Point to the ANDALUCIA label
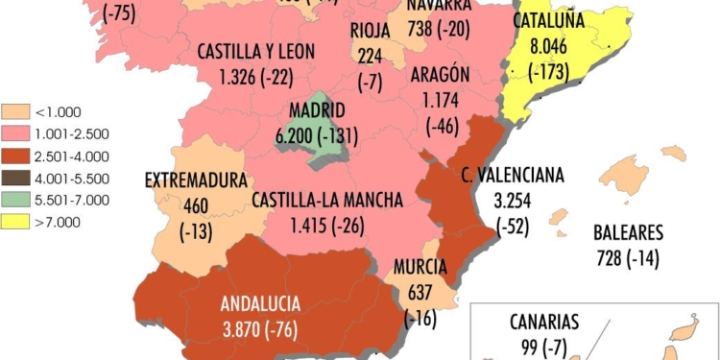pos(260,305)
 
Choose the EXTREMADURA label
pos(196,180)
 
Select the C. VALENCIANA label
pos(512,176)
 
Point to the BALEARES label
pos(629,232)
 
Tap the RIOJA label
pos(370,30)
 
